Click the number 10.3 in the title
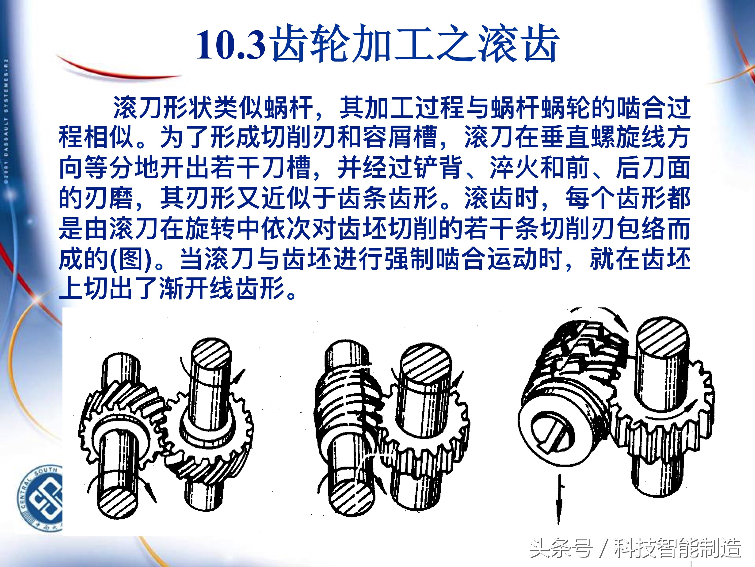tap(231, 44)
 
